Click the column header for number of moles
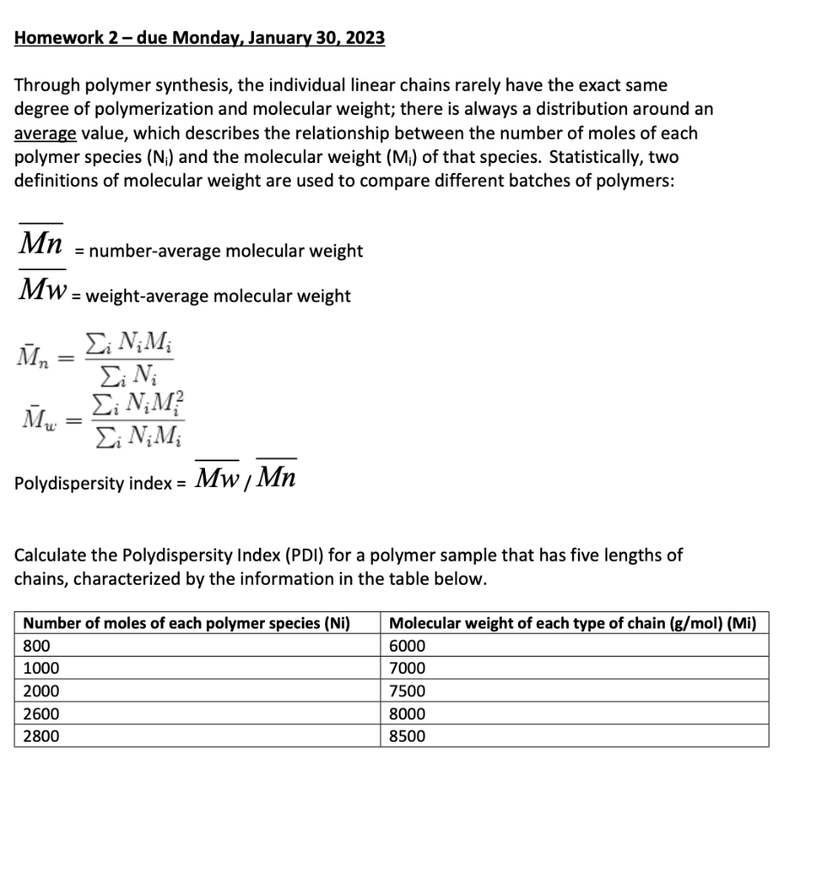click(186, 623)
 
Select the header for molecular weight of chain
click(572, 623)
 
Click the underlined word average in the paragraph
click(45, 134)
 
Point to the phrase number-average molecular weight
click(226, 251)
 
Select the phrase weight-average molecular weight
click(219, 297)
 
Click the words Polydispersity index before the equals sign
click(93, 483)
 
